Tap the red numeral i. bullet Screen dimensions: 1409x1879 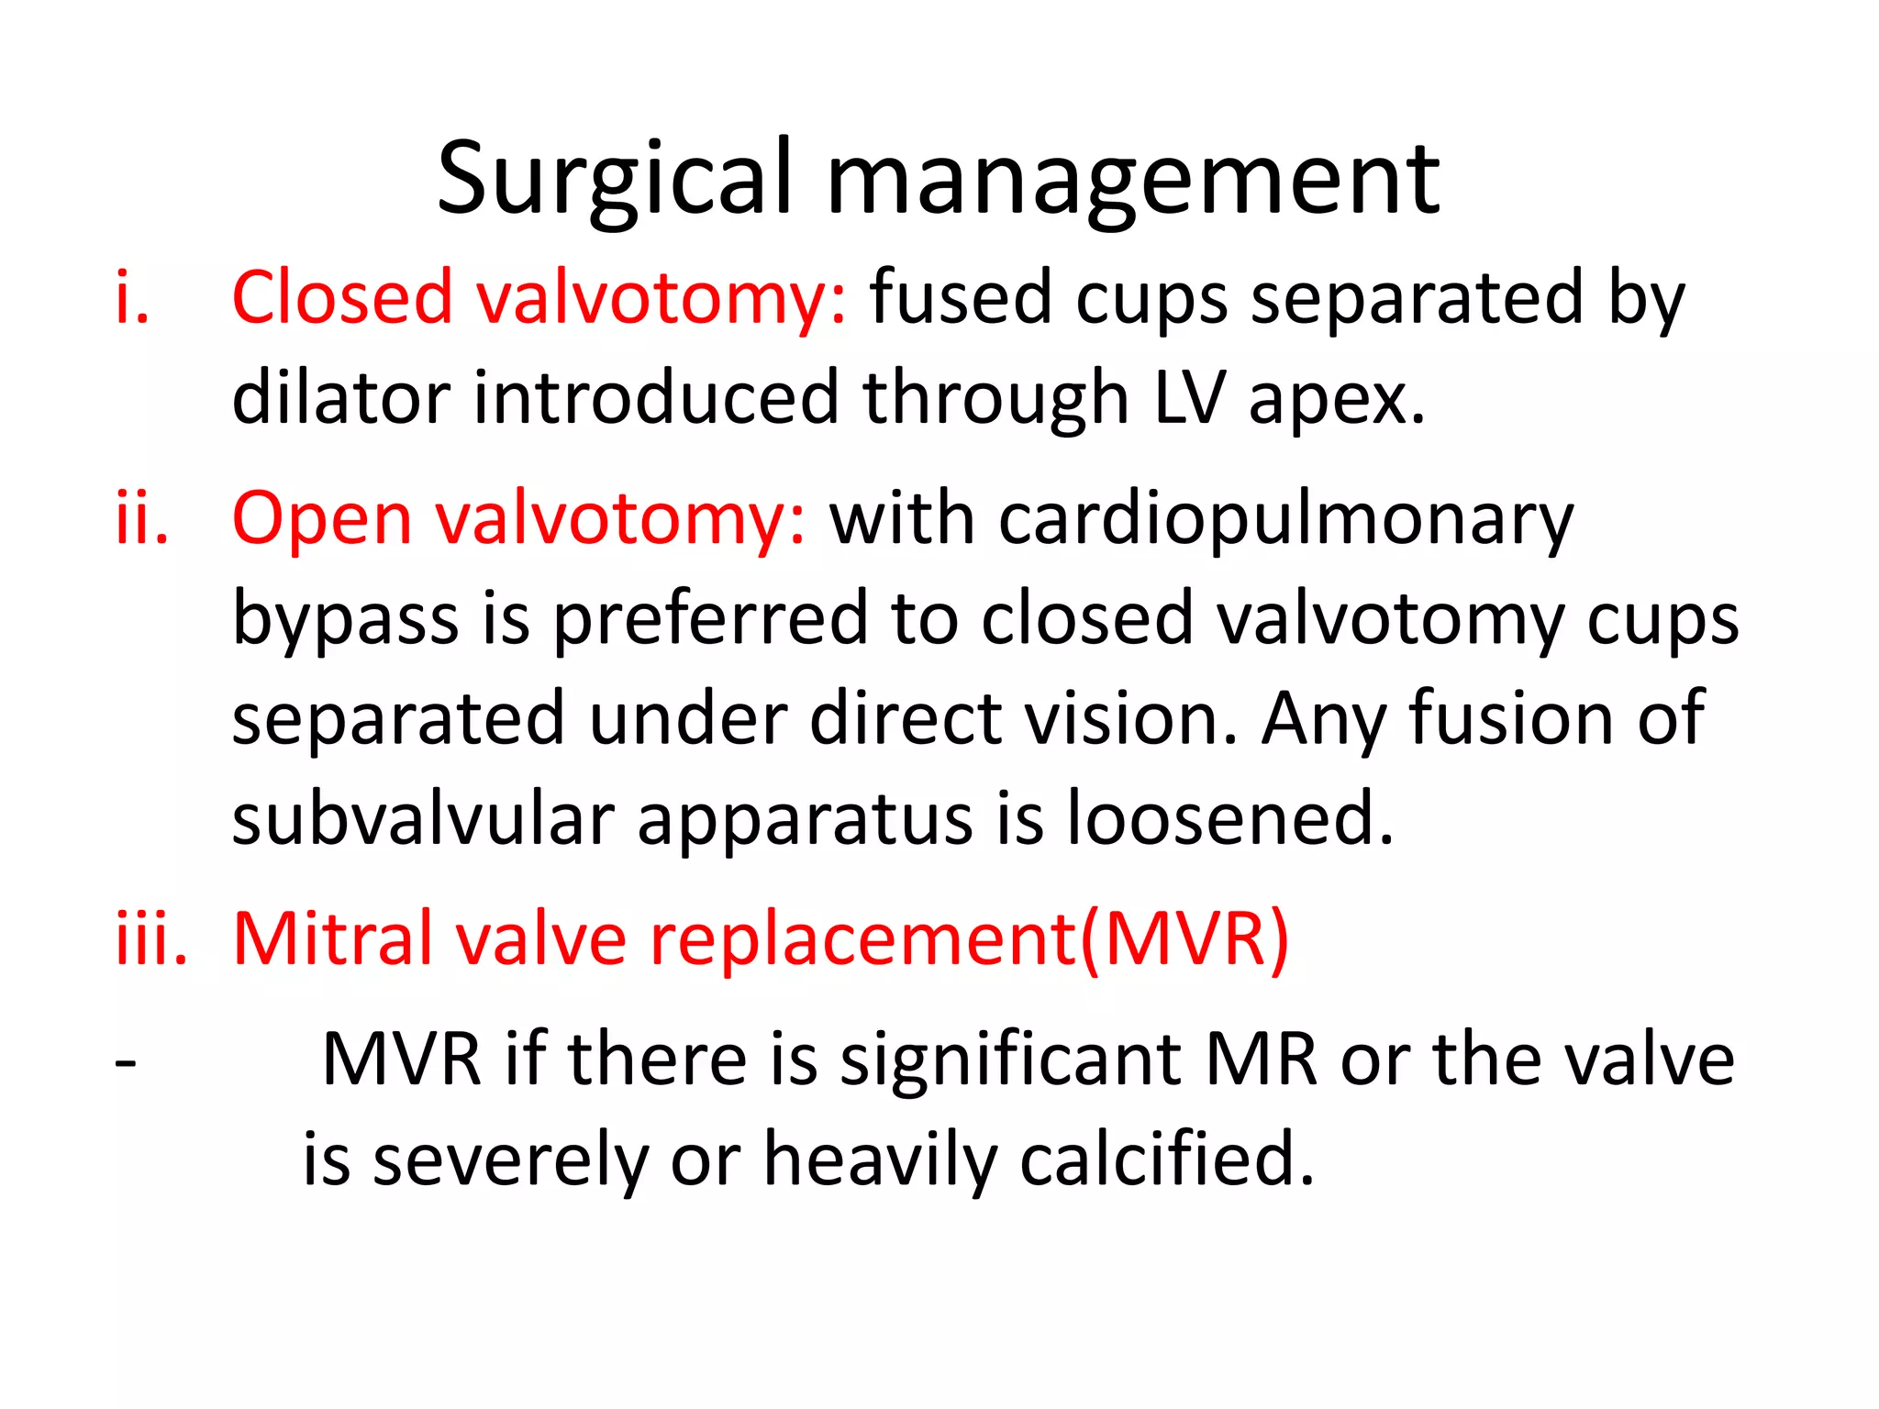pyautogui.click(x=132, y=298)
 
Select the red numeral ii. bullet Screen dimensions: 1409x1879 pyautogui.click(x=142, y=518)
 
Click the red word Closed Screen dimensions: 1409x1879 pyautogui.click(x=342, y=298)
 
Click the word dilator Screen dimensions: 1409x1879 pyautogui.click(x=340, y=398)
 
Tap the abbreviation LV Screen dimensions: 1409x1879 pyautogui.click(x=1189, y=398)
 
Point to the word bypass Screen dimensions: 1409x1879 pyautogui.click(x=345, y=620)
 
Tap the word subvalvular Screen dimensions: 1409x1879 pyautogui.click(x=423, y=818)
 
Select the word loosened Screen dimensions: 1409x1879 pyautogui.click(x=1229, y=818)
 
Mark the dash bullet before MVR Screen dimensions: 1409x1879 pyautogui.click(x=126, y=1062)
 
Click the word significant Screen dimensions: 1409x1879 pyautogui.click(x=1010, y=1060)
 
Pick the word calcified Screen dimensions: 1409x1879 pyautogui.click(x=1166, y=1159)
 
